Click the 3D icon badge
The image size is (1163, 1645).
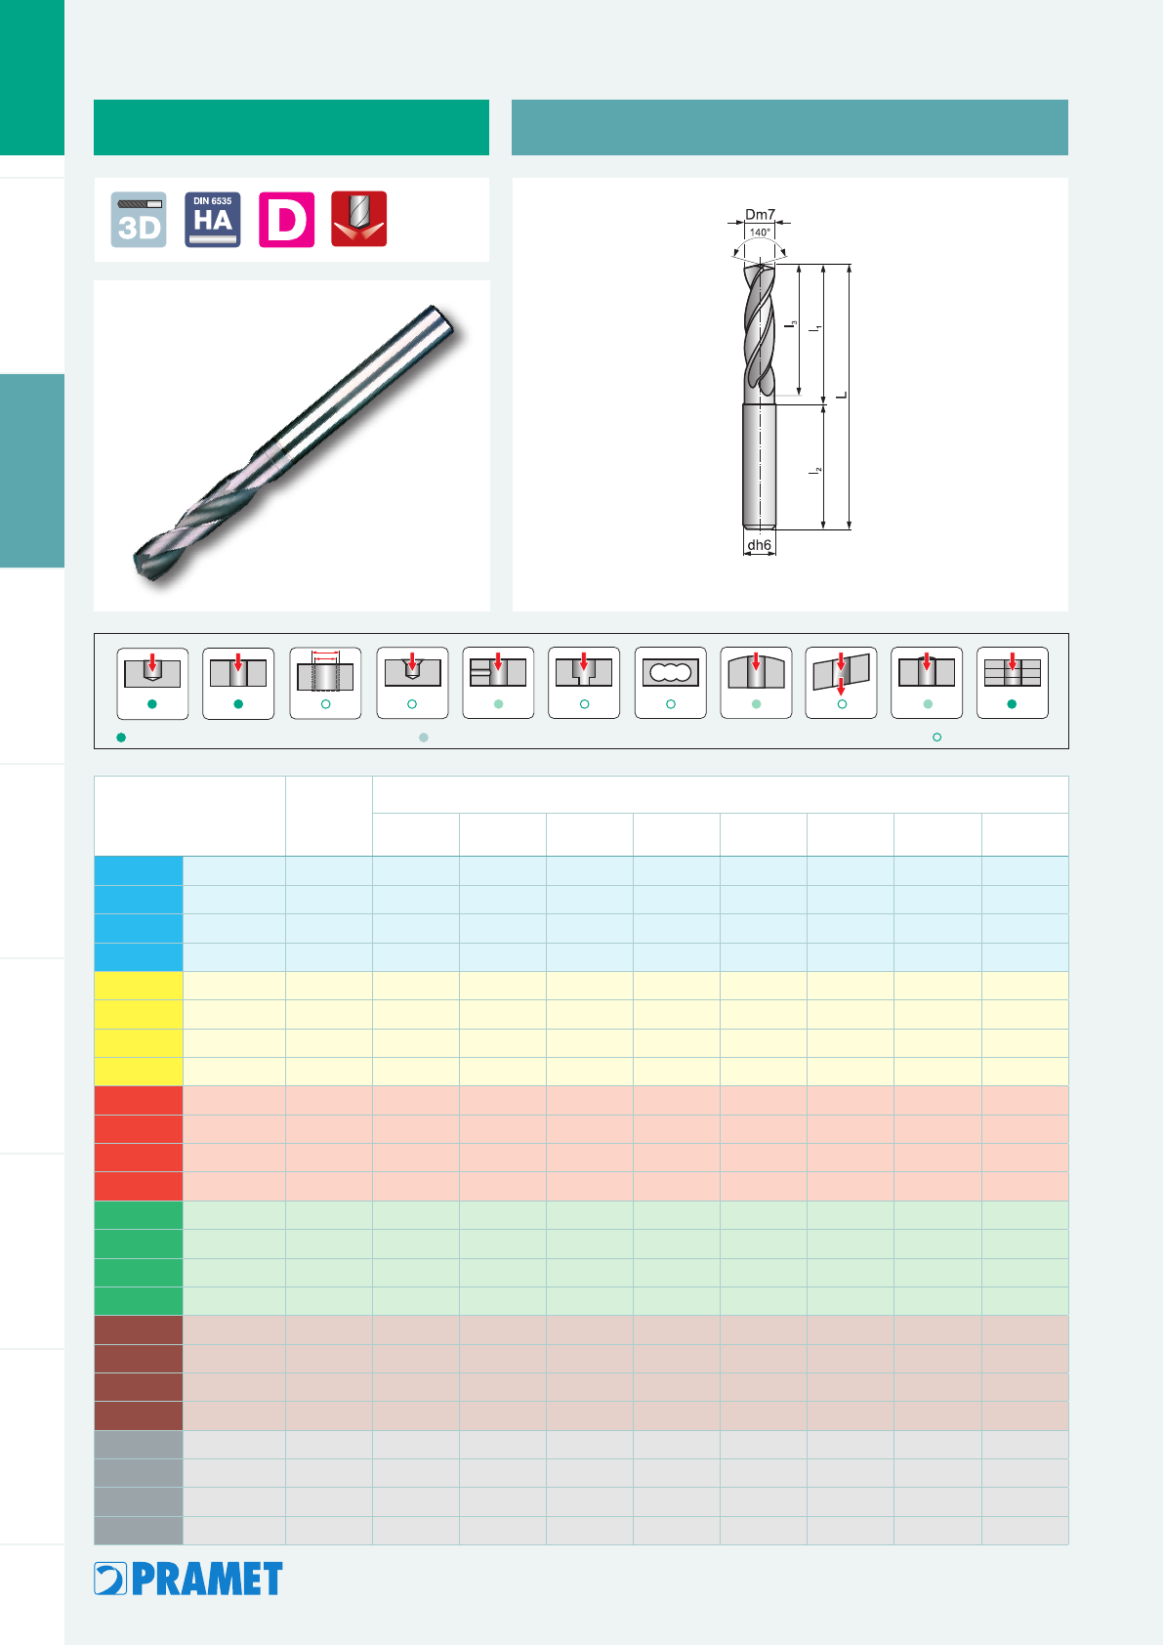[139, 220]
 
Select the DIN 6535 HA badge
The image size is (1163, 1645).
[212, 220]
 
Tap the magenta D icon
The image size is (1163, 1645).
[286, 220]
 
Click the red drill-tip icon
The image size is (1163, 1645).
[359, 219]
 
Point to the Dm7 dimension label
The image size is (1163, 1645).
[760, 215]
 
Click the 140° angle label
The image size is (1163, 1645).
[760, 232]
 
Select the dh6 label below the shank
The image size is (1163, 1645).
[759, 545]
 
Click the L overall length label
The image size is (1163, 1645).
[842, 396]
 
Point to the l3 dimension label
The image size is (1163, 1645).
[790, 323]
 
